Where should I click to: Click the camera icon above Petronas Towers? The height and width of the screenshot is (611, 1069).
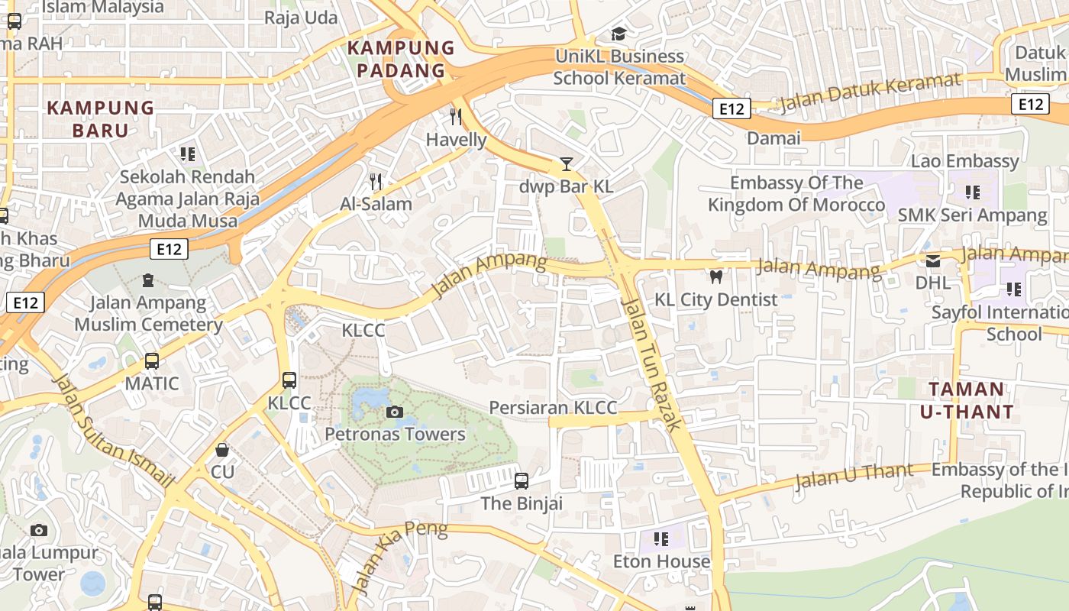(x=395, y=412)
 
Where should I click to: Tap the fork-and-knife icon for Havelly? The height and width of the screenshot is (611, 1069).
(x=456, y=117)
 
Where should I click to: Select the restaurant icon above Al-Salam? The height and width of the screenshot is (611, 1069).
(x=376, y=181)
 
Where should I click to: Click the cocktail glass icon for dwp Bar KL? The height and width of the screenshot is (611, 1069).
(x=566, y=163)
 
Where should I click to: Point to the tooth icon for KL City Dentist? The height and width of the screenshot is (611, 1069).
(x=715, y=276)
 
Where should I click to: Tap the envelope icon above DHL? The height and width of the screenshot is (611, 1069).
(x=933, y=261)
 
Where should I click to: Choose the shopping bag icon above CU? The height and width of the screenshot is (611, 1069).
(x=222, y=450)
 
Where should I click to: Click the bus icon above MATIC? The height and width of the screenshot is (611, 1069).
(x=152, y=360)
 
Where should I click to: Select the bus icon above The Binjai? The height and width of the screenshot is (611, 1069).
(x=522, y=481)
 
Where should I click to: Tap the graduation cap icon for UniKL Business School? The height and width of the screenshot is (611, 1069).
(x=618, y=34)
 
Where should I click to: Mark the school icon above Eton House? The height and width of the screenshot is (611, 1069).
(x=661, y=539)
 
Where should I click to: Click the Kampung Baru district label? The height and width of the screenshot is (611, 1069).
(x=101, y=119)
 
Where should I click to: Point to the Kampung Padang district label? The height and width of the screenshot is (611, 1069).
(x=396, y=60)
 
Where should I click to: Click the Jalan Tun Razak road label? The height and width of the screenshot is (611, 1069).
(x=651, y=364)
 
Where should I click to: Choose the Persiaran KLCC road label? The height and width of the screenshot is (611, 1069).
(x=553, y=408)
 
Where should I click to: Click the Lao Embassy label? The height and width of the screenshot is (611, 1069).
(x=964, y=161)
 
